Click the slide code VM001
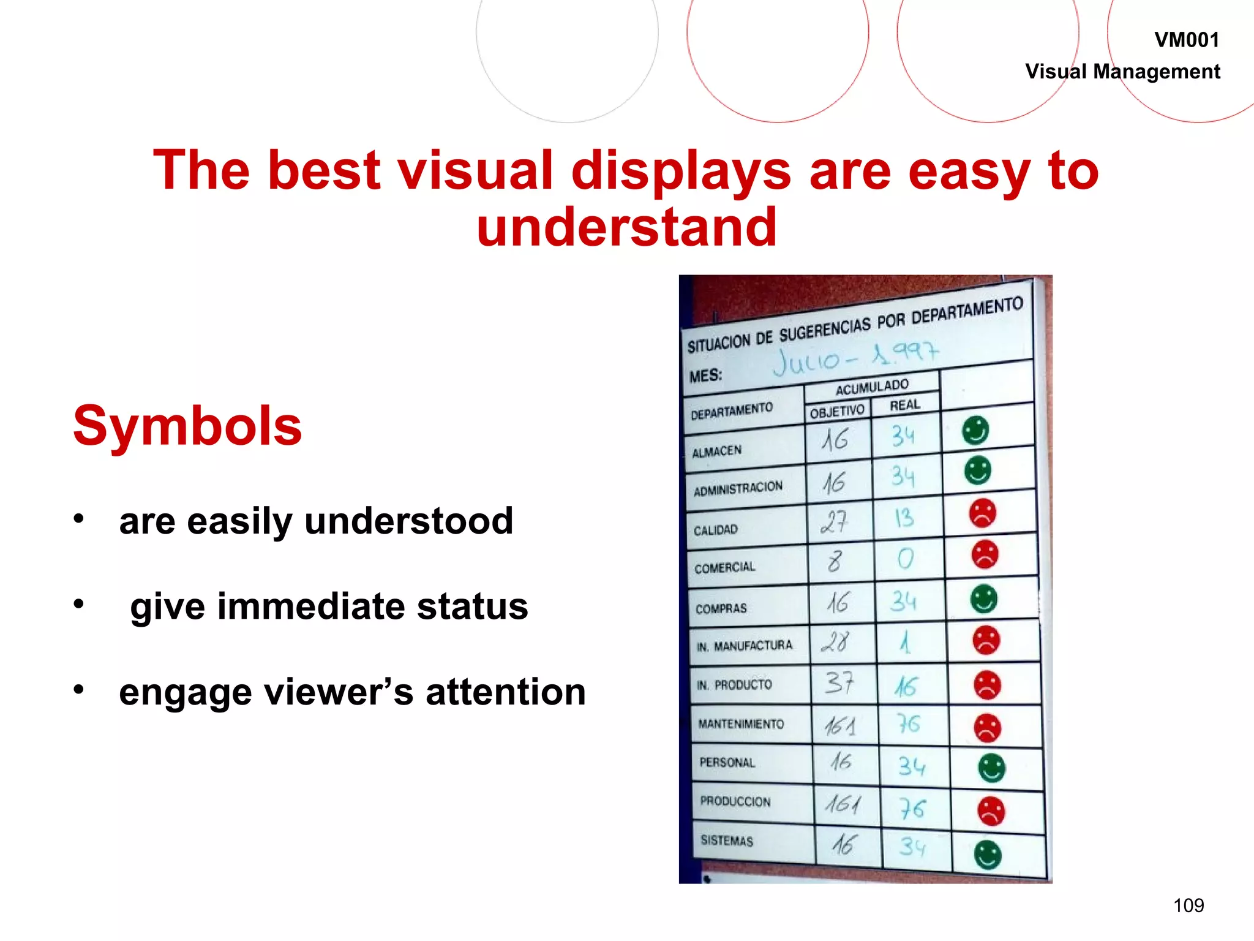pyautogui.click(x=1186, y=40)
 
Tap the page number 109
pyautogui.click(x=1188, y=905)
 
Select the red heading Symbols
pyautogui.click(x=187, y=426)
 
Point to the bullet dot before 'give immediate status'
pyautogui.click(x=78, y=604)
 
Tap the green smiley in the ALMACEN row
pyautogui.click(x=975, y=430)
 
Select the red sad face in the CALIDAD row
pyautogui.click(x=982, y=513)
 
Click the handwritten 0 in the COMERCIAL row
pyautogui.click(x=905, y=558)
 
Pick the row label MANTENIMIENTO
pyautogui.click(x=741, y=724)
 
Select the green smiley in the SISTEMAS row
pyautogui.click(x=987, y=855)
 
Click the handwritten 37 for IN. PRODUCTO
pyautogui.click(x=839, y=682)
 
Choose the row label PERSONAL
pyautogui.click(x=727, y=763)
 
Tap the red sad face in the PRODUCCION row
pyautogui.click(x=991, y=811)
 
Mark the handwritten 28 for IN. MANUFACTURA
pyautogui.click(x=835, y=642)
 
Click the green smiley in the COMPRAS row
pyautogui.click(x=983, y=599)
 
